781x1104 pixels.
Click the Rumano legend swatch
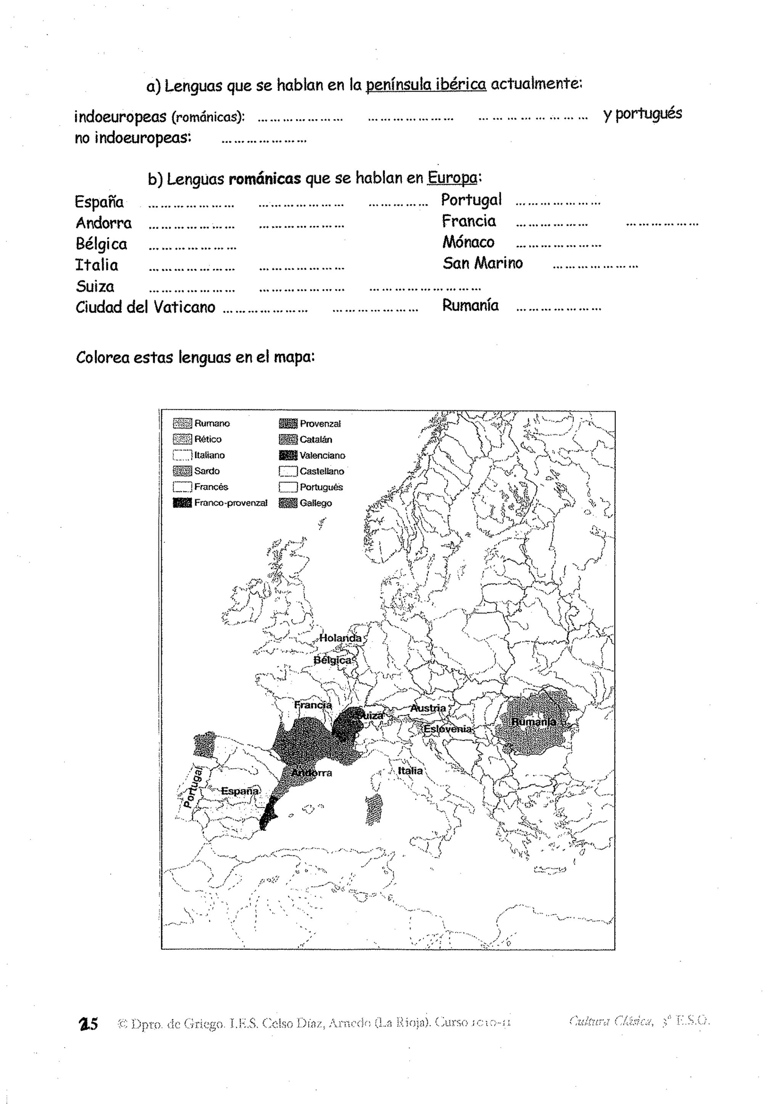click(182, 423)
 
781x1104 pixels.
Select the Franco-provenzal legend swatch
click(182, 503)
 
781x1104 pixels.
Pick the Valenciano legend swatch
click(288, 455)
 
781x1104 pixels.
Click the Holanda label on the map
click(341, 638)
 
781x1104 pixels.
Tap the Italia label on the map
click(410, 771)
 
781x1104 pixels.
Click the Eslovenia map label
click(447, 729)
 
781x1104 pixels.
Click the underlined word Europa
click(452, 178)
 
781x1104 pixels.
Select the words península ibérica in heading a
click(426, 85)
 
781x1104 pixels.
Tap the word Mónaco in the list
click(468, 242)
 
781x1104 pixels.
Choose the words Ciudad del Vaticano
click(145, 307)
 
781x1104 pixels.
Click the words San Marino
click(482, 263)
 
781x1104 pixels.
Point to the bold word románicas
click(265, 179)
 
